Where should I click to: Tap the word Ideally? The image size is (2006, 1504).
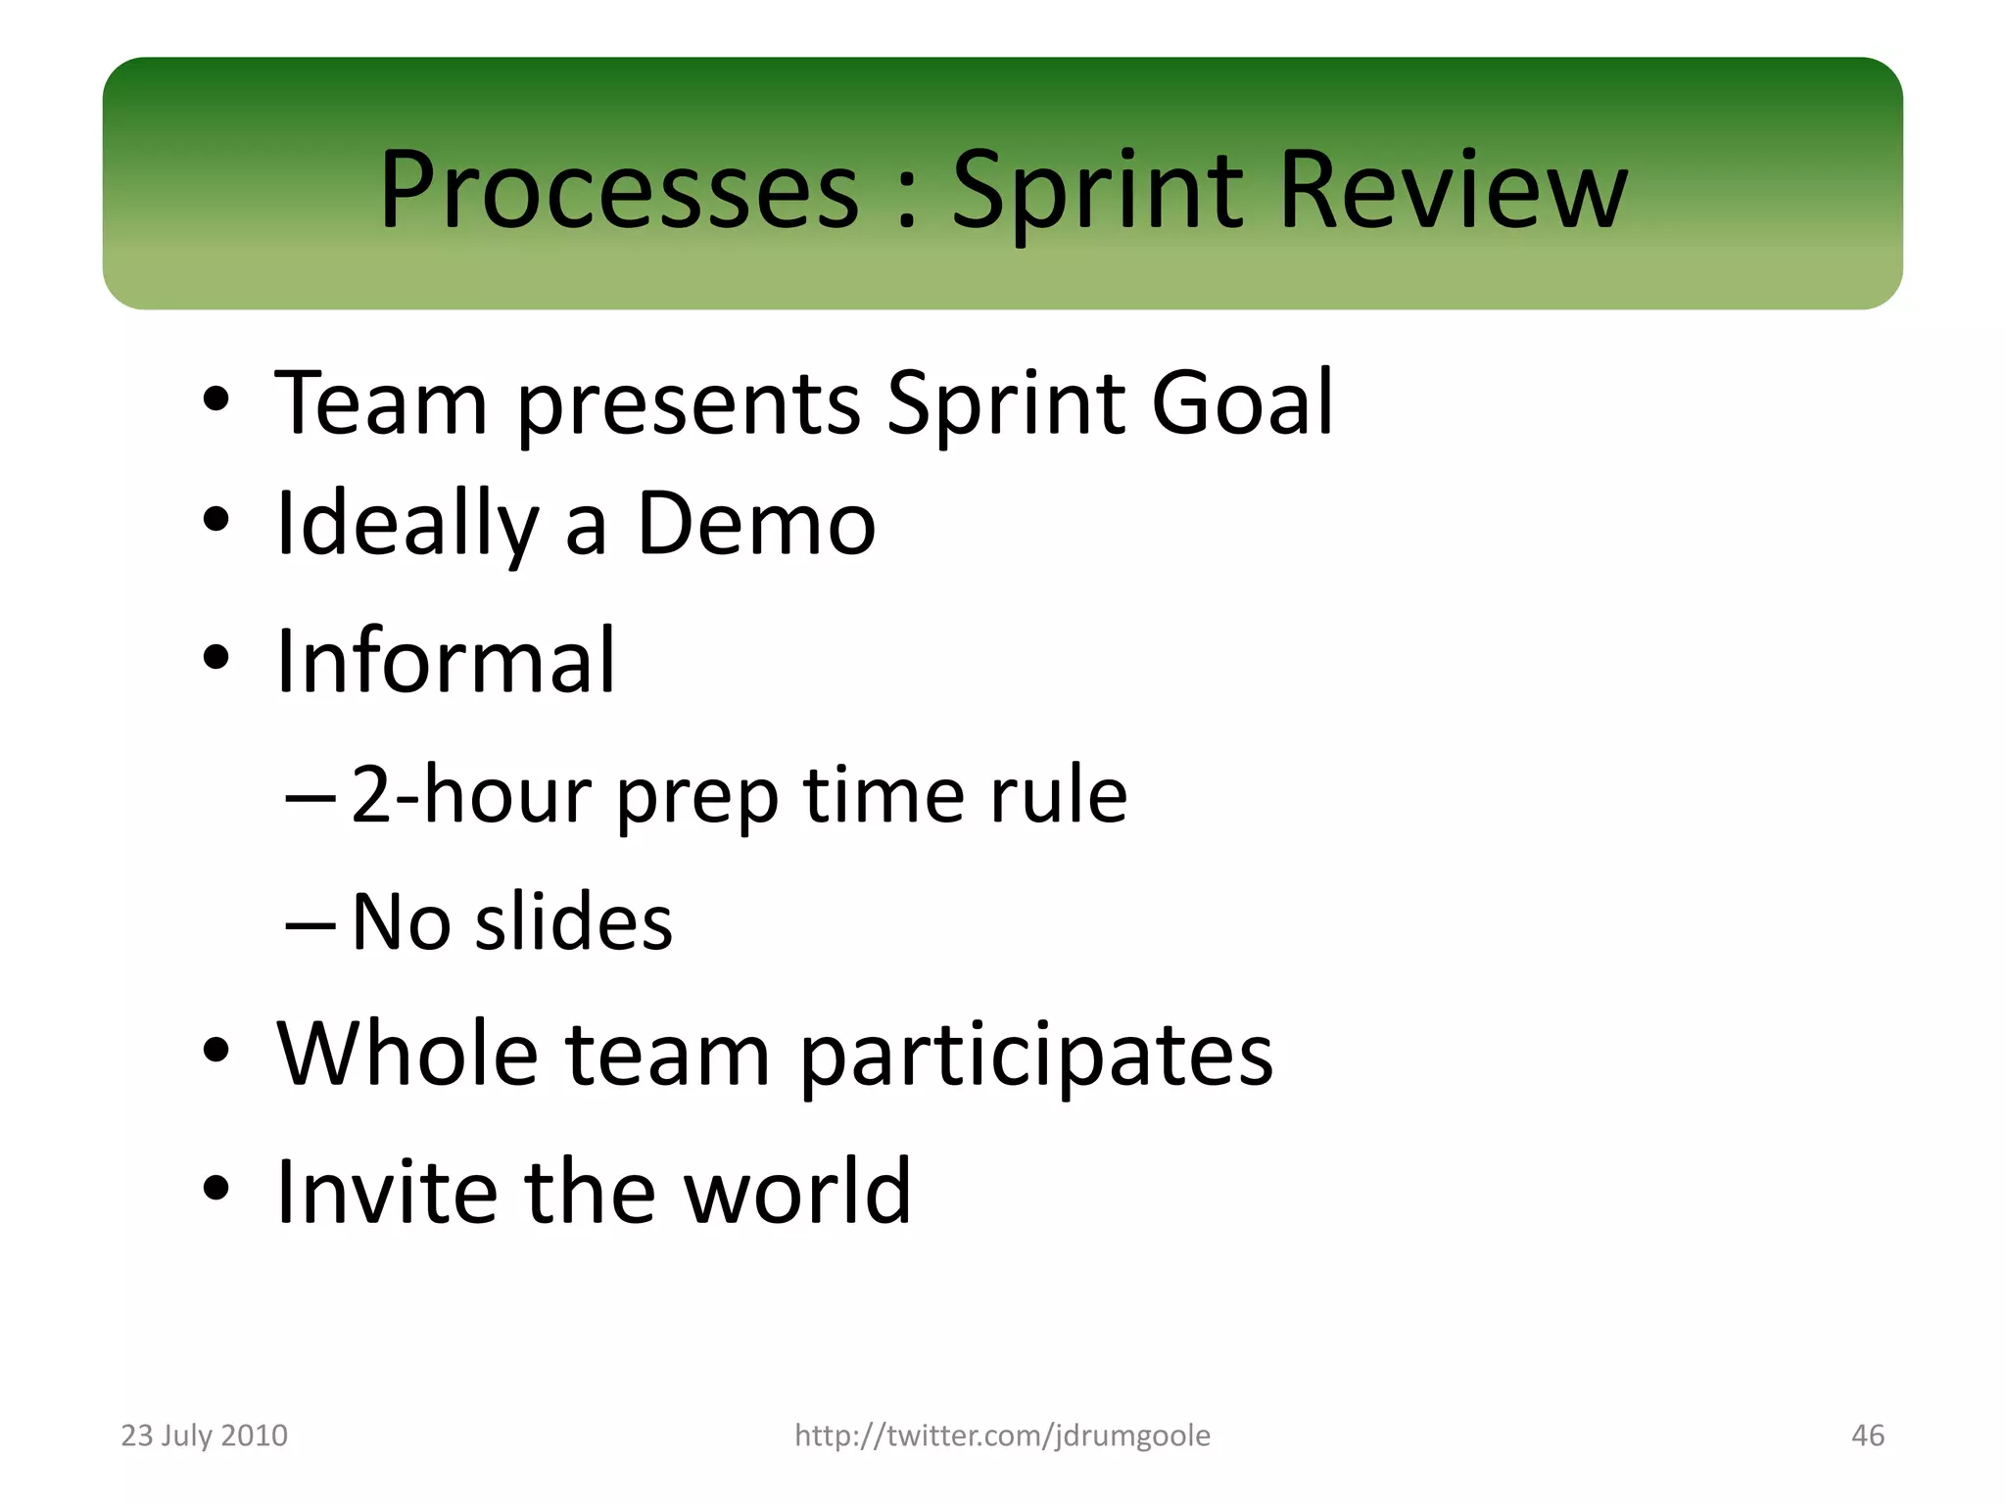[406, 526]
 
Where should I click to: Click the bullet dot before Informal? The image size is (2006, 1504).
[216, 658]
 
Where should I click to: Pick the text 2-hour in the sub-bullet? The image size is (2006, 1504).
[470, 794]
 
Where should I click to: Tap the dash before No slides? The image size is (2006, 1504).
[310, 924]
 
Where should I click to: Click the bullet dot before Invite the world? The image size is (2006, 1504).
[216, 1189]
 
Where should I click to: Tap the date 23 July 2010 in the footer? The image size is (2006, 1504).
[204, 1434]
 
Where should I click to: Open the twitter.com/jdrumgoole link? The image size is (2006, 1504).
[1002, 1434]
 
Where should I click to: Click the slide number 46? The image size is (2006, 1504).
[1867, 1434]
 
